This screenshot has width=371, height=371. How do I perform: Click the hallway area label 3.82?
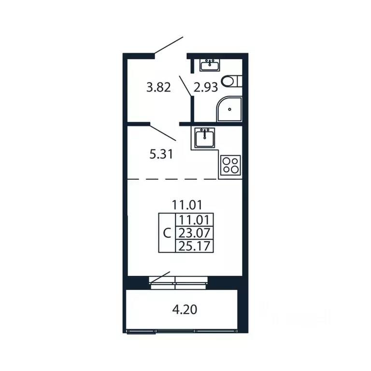pos(158,87)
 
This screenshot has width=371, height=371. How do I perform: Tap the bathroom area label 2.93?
pos(206,87)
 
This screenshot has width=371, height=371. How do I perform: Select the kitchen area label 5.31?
pos(161,154)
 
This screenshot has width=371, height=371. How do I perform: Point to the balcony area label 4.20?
pos(185,310)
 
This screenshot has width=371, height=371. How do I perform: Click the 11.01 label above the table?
pos(187,205)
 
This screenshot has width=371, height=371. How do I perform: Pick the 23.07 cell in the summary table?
pos(194,233)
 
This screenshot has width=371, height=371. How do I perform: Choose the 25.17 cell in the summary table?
pos(194,246)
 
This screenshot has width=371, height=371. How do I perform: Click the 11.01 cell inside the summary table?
pos(194,220)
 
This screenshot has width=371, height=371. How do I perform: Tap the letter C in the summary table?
pos(167,233)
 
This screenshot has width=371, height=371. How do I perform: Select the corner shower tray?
pos(229,109)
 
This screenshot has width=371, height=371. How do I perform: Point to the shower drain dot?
pos(229,109)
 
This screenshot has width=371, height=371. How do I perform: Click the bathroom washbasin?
pos(210,65)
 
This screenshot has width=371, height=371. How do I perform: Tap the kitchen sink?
pos(205,138)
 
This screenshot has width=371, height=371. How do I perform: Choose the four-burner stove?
pos(230,165)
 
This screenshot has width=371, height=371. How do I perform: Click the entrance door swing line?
pos(169,45)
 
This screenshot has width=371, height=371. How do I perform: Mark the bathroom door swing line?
pos(185,86)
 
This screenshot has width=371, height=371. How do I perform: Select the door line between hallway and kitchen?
pos(163,133)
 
